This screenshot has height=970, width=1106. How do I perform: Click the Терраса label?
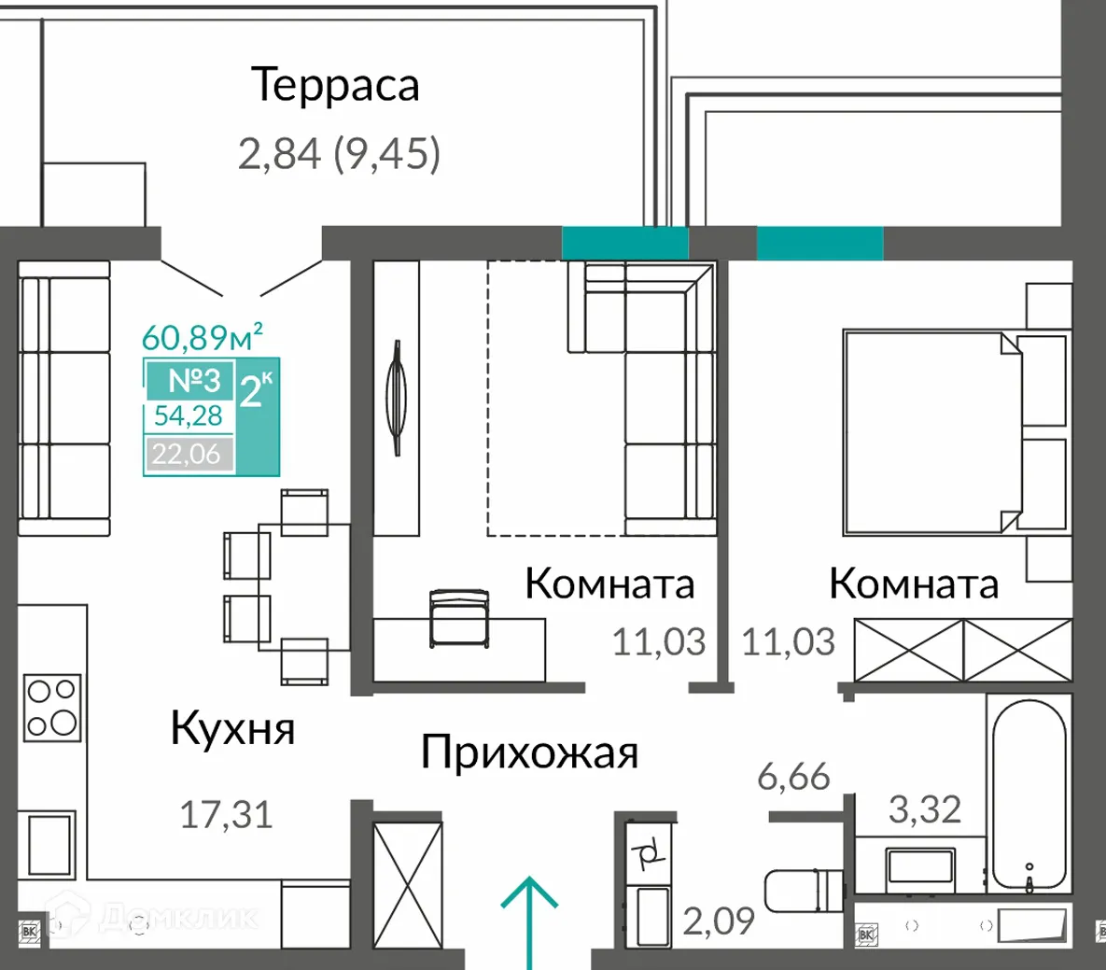[x=336, y=85]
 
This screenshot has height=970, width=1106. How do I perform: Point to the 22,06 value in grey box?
[x=187, y=454]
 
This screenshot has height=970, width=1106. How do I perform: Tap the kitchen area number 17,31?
[x=226, y=815]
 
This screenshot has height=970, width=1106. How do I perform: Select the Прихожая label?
[x=529, y=752]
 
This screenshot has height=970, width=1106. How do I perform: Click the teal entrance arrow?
[x=529, y=920]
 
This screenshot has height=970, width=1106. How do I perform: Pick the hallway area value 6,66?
[x=793, y=776]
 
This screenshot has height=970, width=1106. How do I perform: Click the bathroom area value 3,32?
[x=924, y=809]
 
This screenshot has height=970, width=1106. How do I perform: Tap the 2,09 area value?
[x=719, y=922]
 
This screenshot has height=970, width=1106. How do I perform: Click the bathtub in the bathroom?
[x=1028, y=794]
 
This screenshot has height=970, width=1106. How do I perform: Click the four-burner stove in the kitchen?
[x=51, y=707]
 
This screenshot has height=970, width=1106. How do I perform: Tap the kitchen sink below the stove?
[x=50, y=844]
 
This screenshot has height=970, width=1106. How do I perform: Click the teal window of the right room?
[x=819, y=244]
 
